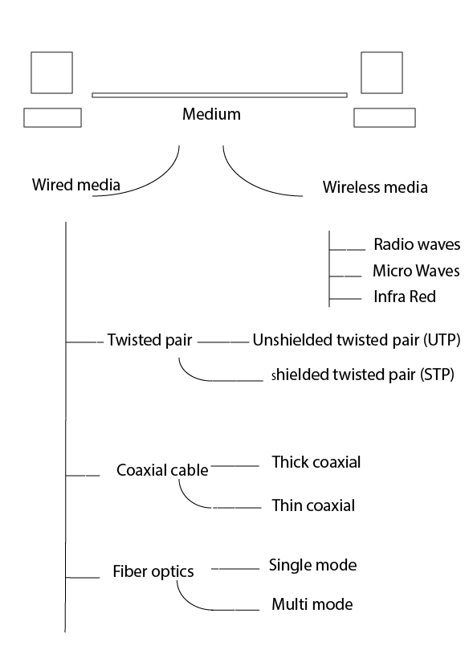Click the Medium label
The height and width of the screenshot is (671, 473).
(x=212, y=114)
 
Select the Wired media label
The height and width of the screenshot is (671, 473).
(x=75, y=184)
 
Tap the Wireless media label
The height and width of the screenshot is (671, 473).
(x=375, y=187)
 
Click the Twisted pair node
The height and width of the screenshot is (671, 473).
(x=149, y=340)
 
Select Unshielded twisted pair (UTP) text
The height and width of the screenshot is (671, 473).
(x=356, y=340)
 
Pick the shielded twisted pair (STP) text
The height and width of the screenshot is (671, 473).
(x=363, y=374)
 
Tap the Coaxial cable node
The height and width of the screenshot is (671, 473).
(x=162, y=470)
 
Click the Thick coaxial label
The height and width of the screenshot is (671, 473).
(x=316, y=462)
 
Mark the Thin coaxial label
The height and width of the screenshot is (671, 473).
(x=313, y=506)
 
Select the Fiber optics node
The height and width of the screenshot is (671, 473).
(x=153, y=573)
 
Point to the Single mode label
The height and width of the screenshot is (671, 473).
(x=312, y=565)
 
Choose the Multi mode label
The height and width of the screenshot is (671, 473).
(x=312, y=603)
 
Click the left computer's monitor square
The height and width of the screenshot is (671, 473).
(x=51, y=73)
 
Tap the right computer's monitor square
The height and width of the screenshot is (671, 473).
(x=381, y=73)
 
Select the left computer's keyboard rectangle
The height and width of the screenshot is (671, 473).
(x=52, y=117)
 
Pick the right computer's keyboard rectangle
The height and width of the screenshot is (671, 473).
(x=385, y=117)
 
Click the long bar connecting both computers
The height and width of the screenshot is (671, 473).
(x=219, y=95)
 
